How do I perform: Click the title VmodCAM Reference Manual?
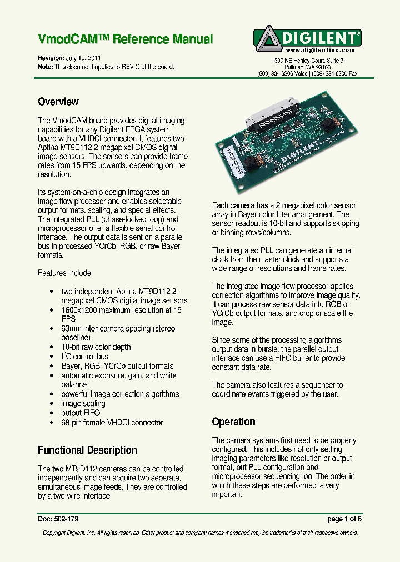(x=125, y=39)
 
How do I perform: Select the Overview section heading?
(x=58, y=102)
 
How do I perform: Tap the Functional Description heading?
(x=87, y=450)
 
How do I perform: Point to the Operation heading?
(x=233, y=421)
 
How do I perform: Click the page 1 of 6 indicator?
(x=344, y=519)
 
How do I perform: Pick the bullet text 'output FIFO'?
(x=81, y=413)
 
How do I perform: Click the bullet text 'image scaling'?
(x=83, y=404)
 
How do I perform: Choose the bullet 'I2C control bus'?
(x=84, y=357)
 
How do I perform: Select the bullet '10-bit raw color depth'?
(x=96, y=347)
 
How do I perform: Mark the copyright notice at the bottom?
(x=200, y=533)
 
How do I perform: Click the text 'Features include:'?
(x=66, y=273)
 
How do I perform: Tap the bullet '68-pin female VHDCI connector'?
(x=112, y=423)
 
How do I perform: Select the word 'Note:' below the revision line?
(x=45, y=67)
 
